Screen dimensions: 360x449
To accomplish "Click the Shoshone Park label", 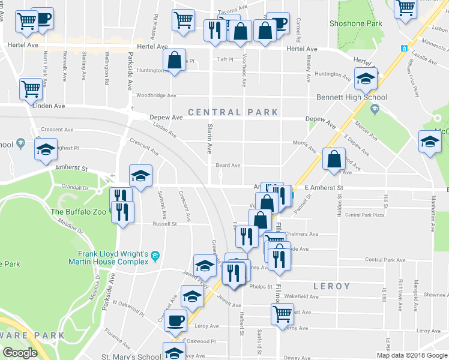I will [356, 23].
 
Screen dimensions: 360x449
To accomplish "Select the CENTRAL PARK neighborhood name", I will [233, 112].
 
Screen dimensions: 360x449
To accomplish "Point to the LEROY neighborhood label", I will [331, 286].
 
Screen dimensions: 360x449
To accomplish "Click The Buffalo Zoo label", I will [79, 211].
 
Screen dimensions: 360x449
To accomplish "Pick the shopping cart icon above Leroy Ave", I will [282, 313].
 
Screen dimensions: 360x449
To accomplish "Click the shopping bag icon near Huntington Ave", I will [174, 60].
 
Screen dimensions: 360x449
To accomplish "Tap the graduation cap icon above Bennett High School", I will [365, 77].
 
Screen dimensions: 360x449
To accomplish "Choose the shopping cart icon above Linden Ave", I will [31, 89].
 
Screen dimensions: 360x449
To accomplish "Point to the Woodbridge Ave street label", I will [155, 95].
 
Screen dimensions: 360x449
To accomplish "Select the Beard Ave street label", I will [228, 165].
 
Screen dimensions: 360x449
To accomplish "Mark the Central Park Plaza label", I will [364, 215].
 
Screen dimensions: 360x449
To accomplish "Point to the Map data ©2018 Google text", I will [411, 355].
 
